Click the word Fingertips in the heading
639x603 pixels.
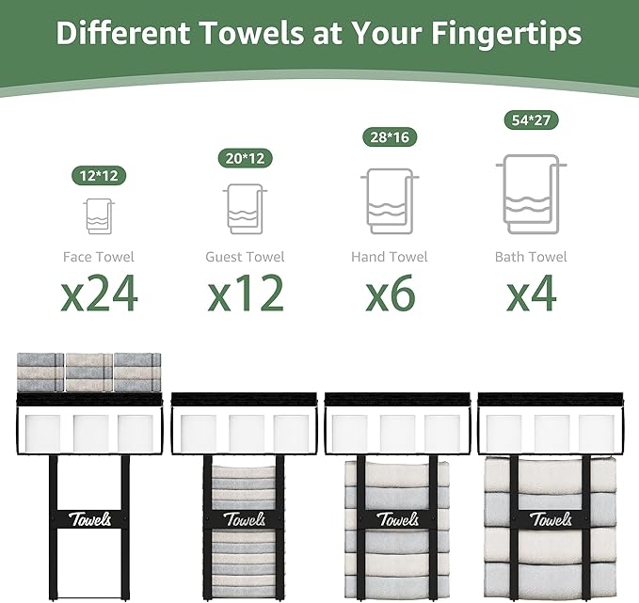(x=506, y=34)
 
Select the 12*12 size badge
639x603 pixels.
(x=99, y=176)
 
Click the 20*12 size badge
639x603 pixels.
(x=245, y=158)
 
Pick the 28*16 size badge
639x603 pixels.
(x=390, y=137)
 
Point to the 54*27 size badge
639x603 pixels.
(x=531, y=120)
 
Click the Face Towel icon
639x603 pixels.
(x=99, y=216)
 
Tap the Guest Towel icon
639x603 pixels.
(x=245, y=209)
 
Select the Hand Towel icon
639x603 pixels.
(x=390, y=201)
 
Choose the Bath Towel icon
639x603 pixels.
(x=531, y=194)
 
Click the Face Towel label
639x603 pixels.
(x=99, y=257)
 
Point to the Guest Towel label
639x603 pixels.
(x=245, y=257)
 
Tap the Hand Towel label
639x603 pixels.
(x=390, y=257)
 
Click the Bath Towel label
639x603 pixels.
(x=531, y=257)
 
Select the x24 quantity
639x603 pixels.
(x=100, y=294)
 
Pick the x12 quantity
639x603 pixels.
(x=246, y=294)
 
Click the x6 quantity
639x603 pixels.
(x=390, y=294)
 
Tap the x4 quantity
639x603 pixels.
(x=532, y=294)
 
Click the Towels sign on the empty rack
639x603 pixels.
(x=89, y=519)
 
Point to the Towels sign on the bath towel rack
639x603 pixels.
(x=551, y=519)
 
